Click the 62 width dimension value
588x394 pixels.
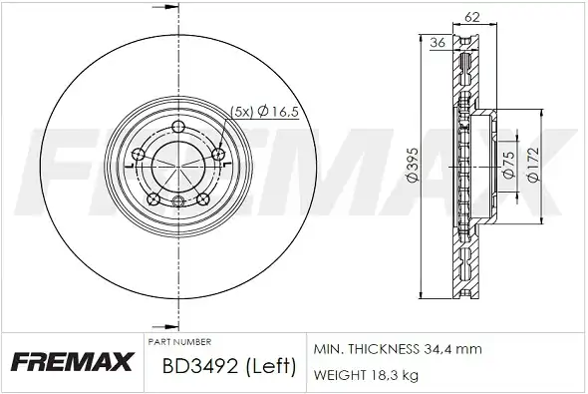pos(471,17)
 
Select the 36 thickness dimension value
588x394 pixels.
pos(438,43)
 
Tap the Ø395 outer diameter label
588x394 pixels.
pos(413,166)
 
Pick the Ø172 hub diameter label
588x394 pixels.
pos(533,164)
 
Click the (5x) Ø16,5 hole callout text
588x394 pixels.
pos(264,112)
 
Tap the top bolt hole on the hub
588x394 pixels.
pos(178,126)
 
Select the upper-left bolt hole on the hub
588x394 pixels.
pos(139,154)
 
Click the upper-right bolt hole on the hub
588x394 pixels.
pos(218,154)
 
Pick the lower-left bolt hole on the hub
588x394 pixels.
pos(153,199)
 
